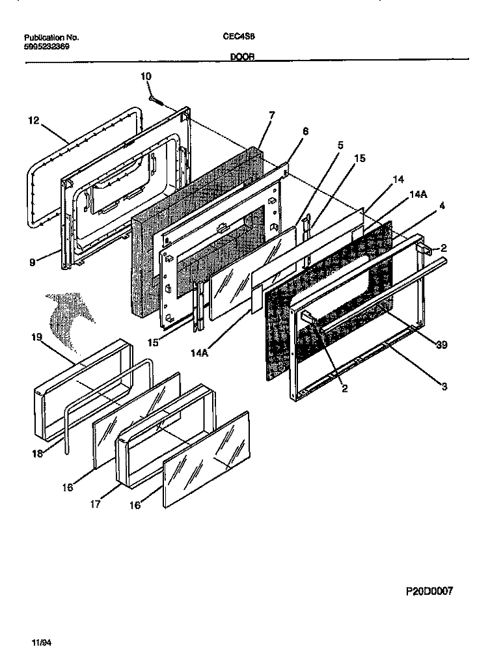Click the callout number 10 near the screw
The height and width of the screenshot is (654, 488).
pyautogui.click(x=146, y=76)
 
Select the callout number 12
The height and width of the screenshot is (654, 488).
pyautogui.click(x=34, y=120)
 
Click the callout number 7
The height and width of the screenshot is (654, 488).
pyautogui.click(x=271, y=115)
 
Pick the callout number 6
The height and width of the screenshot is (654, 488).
pyautogui.click(x=305, y=131)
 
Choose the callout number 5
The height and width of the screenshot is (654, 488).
pyautogui.click(x=340, y=146)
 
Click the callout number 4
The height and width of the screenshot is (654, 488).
pyautogui.click(x=442, y=206)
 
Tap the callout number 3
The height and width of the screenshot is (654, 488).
pyautogui.click(x=444, y=387)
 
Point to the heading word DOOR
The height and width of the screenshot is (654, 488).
pyautogui.click(x=241, y=57)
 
